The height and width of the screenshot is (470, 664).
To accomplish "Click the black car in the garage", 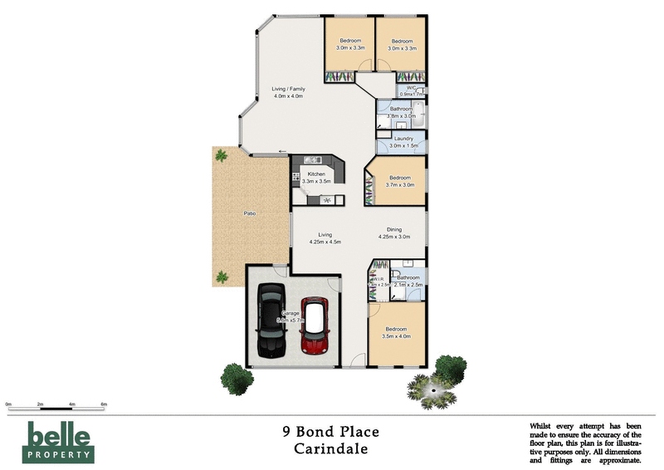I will (x=271, y=320).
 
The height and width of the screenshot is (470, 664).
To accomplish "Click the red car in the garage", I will (x=315, y=326).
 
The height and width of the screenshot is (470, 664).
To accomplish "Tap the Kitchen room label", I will (x=316, y=174).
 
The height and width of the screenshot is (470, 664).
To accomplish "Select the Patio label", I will (x=249, y=214).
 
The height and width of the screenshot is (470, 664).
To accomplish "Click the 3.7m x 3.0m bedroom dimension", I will (x=401, y=184).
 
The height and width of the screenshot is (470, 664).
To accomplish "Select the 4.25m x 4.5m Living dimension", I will (x=325, y=242).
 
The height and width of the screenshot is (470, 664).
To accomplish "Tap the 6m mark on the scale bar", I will (x=105, y=404).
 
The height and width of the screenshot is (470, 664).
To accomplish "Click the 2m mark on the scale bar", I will (x=40, y=404).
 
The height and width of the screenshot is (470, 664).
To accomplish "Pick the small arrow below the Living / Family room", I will (x=283, y=151).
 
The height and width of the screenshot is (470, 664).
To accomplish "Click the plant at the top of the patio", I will (x=221, y=154).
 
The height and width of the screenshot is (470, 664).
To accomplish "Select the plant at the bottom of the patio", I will (x=222, y=277).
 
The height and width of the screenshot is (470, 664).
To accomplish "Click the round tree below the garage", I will (x=237, y=379).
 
